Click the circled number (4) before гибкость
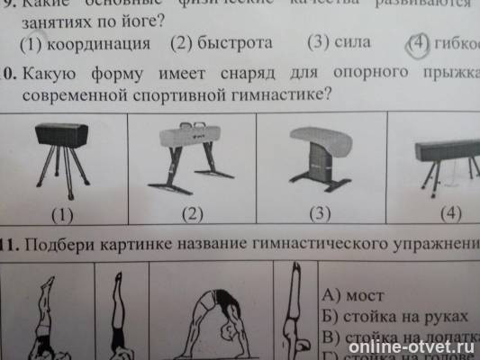pyautogui.click(x=418, y=43)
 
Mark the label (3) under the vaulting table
pyautogui.click(x=322, y=214)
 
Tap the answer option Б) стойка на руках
pyautogui.click(x=395, y=318)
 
